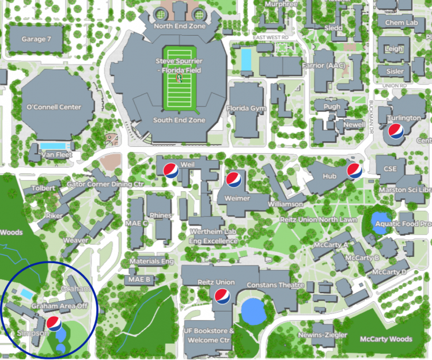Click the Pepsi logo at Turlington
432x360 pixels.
point(396,131)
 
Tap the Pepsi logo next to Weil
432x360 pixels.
point(171,170)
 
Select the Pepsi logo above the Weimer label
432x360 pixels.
point(233,180)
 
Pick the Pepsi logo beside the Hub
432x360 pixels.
point(354,170)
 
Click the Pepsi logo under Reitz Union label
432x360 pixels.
point(222,296)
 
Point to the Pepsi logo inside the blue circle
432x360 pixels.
point(54,323)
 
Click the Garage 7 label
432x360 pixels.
point(37,39)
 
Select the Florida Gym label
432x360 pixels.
point(246,108)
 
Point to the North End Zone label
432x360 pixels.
point(180,26)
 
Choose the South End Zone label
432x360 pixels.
point(179,120)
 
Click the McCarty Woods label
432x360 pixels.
point(386,339)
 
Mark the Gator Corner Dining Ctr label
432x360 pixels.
point(105,184)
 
